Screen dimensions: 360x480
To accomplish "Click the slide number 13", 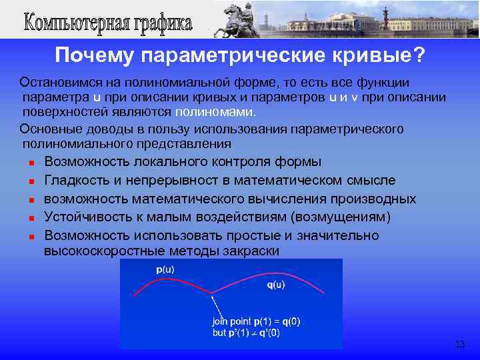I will click(459, 344).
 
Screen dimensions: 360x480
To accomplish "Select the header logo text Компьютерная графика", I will click(108, 22).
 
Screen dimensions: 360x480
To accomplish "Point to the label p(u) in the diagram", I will click(165, 269).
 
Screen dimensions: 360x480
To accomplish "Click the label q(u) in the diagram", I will click(275, 285).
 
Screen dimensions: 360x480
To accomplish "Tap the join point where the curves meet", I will click(212, 291).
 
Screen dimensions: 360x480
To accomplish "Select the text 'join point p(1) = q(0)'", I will click(256, 321).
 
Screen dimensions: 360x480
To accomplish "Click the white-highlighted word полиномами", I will click(217, 111).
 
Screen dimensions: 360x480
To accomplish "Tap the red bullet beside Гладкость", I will click(31, 181).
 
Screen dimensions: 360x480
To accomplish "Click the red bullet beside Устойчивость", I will click(31, 218).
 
